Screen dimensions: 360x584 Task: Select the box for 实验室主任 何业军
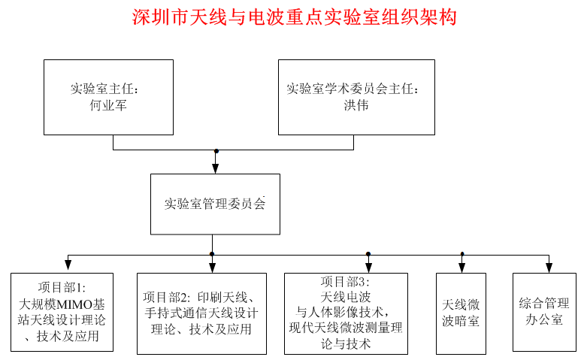(x=108, y=97)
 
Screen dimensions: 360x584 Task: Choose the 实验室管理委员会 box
(x=215, y=204)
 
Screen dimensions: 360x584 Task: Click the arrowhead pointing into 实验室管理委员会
(x=216, y=168)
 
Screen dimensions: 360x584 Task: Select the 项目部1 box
(x=62, y=312)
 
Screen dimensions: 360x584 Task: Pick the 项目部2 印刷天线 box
(x=201, y=313)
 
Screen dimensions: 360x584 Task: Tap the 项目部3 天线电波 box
(x=346, y=313)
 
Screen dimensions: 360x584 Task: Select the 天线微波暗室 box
(x=461, y=313)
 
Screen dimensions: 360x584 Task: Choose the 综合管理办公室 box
(x=544, y=312)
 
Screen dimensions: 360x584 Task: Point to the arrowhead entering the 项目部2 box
(x=212, y=267)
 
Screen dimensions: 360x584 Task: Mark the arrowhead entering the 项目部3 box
(x=368, y=267)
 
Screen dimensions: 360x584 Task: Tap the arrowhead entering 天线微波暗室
(x=461, y=267)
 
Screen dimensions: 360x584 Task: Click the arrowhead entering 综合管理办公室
(x=549, y=267)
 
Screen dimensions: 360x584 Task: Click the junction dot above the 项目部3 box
(x=368, y=254)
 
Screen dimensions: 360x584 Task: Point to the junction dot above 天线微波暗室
(x=461, y=254)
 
